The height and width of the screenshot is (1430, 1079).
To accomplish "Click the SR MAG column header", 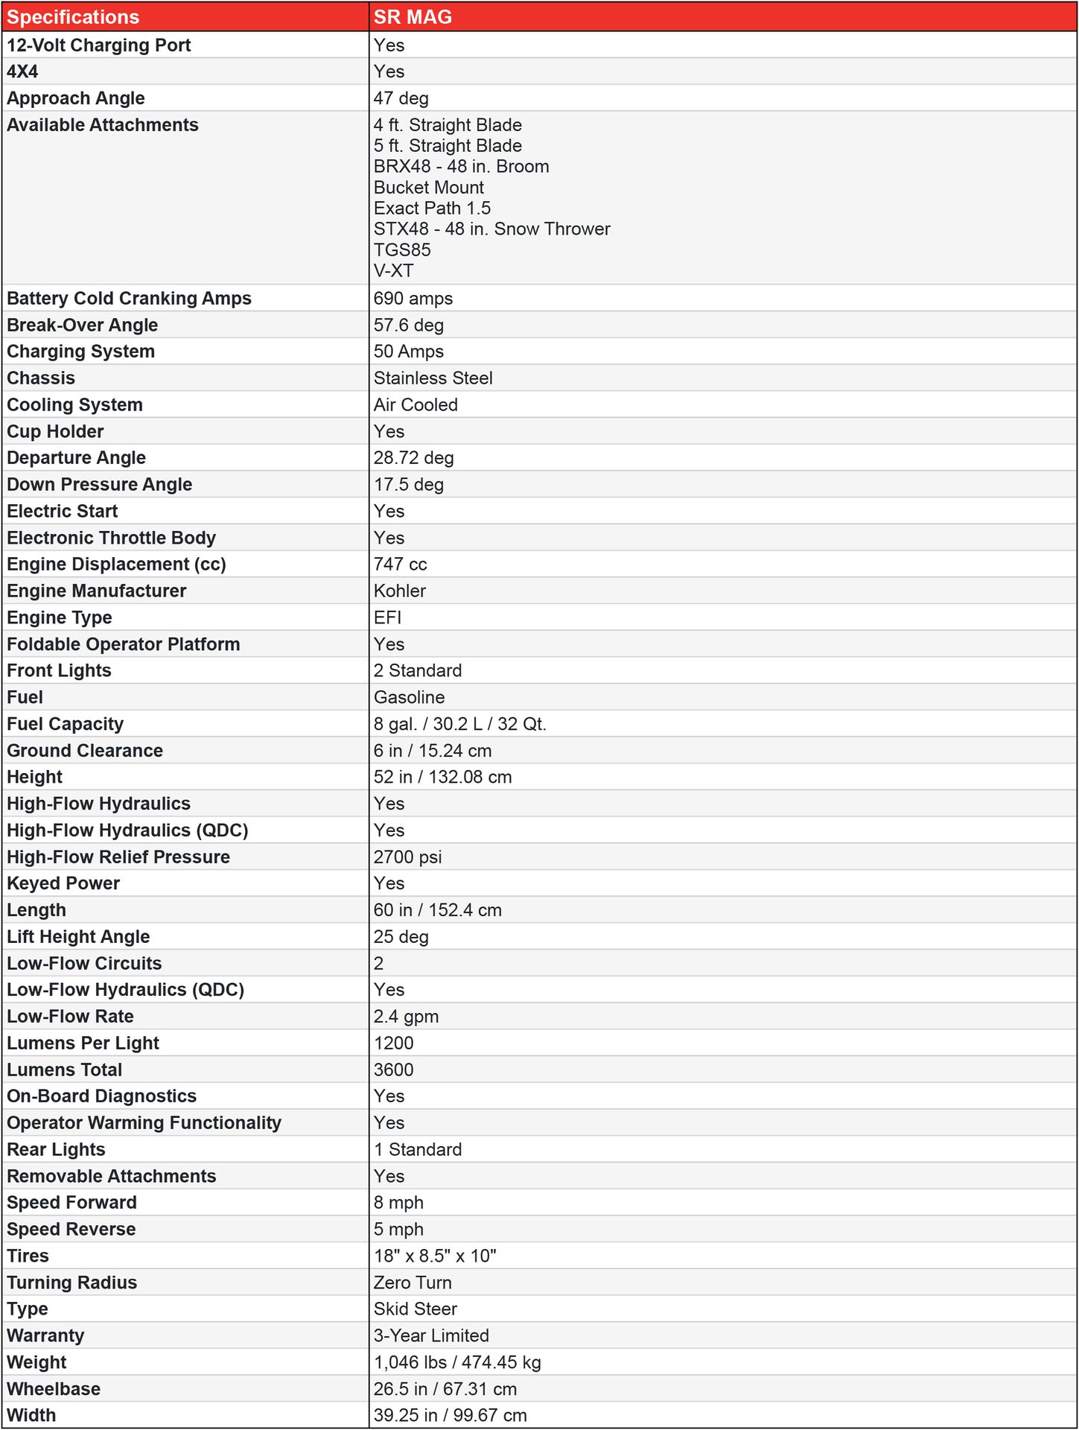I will (x=413, y=16).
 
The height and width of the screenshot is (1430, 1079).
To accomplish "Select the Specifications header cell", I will (x=73, y=16).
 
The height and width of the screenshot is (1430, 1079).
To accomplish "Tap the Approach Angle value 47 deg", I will (x=401, y=98).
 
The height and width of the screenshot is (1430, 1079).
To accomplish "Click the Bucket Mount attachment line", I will (x=428, y=188).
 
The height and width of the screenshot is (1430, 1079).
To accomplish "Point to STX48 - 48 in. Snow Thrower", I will (x=491, y=229).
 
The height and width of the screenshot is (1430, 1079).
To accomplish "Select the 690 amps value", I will (x=413, y=299).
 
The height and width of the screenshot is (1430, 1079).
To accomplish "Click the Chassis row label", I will (x=41, y=378).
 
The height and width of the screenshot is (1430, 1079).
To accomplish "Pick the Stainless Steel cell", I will (x=433, y=378).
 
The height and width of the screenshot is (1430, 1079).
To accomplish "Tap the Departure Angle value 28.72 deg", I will (x=413, y=458).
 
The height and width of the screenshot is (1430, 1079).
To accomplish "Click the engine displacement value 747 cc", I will (x=400, y=565).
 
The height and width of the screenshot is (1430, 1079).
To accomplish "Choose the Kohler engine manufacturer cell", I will (x=400, y=591).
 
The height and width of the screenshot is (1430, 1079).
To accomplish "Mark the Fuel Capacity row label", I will (x=65, y=724).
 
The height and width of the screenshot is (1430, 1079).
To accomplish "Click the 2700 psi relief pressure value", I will (x=407, y=857).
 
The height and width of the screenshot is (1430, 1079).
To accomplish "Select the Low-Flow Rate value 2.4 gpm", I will (x=406, y=1017).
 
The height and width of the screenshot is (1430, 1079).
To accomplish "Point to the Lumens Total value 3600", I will (x=393, y=1070).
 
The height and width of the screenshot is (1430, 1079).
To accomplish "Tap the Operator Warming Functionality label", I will (x=144, y=1123).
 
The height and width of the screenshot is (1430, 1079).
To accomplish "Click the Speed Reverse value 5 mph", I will (x=398, y=1230).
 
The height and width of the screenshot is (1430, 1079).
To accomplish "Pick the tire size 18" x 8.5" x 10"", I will (x=435, y=1256).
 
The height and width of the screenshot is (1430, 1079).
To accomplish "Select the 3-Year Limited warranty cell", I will (x=431, y=1336).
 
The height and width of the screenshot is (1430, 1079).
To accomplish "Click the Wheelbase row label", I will (x=54, y=1390).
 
